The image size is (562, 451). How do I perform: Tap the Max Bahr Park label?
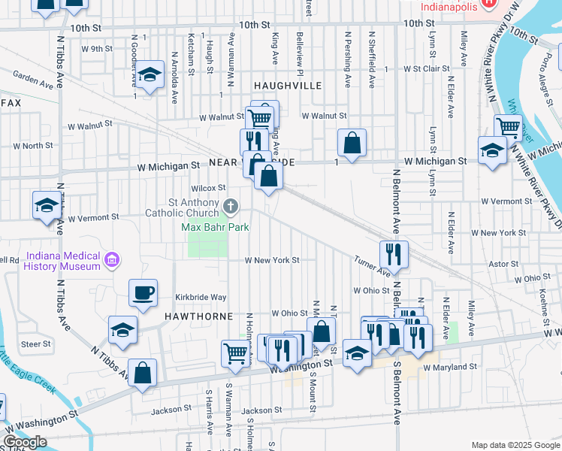click(215, 227)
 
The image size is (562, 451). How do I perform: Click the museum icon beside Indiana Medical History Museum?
click(112, 261)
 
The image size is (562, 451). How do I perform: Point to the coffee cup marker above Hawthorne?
click(143, 293)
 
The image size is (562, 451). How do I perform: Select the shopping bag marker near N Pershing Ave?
click(352, 143)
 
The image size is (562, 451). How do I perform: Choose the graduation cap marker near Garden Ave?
click(150, 75)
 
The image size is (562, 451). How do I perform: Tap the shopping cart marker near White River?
click(509, 129)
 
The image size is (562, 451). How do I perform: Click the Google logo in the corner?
click(24, 442)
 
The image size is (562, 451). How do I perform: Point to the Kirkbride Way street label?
click(201, 298)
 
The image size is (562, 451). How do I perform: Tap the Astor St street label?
click(499, 265)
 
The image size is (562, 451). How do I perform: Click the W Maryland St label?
click(450, 368)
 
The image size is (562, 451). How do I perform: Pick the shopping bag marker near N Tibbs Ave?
click(142, 373)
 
